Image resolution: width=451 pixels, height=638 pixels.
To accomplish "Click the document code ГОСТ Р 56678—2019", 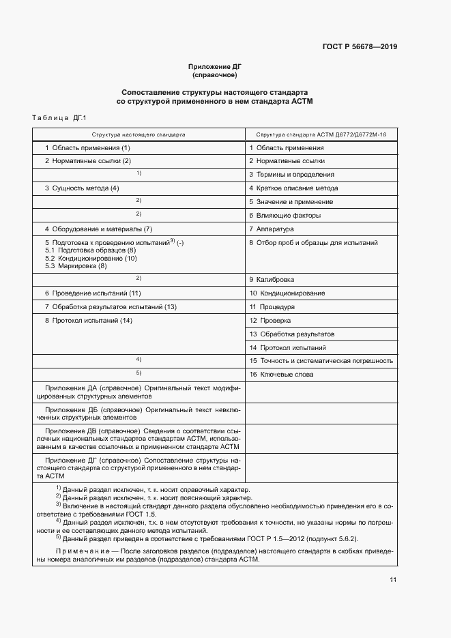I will [x=360, y=47].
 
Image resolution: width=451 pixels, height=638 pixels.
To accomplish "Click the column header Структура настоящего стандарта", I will [x=139, y=135].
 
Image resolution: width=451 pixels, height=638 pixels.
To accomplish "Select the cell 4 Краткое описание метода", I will [x=293, y=188].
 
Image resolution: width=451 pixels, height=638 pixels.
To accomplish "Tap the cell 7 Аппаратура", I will [x=271, y=229].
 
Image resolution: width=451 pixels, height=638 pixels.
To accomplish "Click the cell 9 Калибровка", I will [x=272, y=280].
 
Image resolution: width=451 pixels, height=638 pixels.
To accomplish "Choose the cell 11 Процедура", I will [x=272, y=307].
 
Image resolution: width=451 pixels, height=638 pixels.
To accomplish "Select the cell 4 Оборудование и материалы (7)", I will [x=98, y=229].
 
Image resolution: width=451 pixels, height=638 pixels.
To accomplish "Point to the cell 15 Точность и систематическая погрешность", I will [x=321, y=361].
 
